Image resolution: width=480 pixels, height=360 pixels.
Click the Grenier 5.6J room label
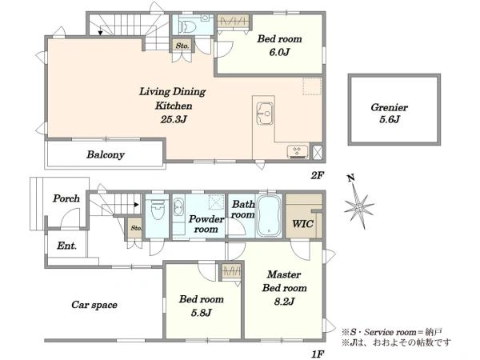tap(389, 114)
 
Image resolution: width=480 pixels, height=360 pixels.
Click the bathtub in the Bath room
tap(269, 215)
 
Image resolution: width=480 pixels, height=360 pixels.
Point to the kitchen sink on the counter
tap(265, 114)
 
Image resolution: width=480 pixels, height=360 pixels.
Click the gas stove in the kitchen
tap(298, 152)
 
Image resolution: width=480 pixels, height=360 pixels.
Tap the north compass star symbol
tap(358, 206)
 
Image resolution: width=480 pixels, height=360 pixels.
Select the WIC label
tap(303, 223)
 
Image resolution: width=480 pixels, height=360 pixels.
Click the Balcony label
tap(106, 155)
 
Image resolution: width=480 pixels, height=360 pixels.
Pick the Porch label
tap(66, 198)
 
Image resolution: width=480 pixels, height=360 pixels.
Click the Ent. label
tap(66, 246)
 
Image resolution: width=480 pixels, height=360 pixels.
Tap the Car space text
tap(94, 305)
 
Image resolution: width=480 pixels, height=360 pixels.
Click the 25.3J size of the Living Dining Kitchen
tap(174, 119)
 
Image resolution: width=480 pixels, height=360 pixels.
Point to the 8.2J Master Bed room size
tap(284, 302)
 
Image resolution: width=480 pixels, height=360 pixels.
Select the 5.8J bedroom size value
tap(201, 313)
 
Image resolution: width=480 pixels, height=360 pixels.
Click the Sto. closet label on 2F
tap(182, 46)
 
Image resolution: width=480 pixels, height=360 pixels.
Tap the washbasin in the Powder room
tap(178, 206)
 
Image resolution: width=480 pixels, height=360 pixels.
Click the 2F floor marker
tap(318, 176)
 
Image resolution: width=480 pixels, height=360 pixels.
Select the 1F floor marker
tap(318, 354)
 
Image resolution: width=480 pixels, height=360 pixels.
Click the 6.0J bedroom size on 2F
tap(279, 52)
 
